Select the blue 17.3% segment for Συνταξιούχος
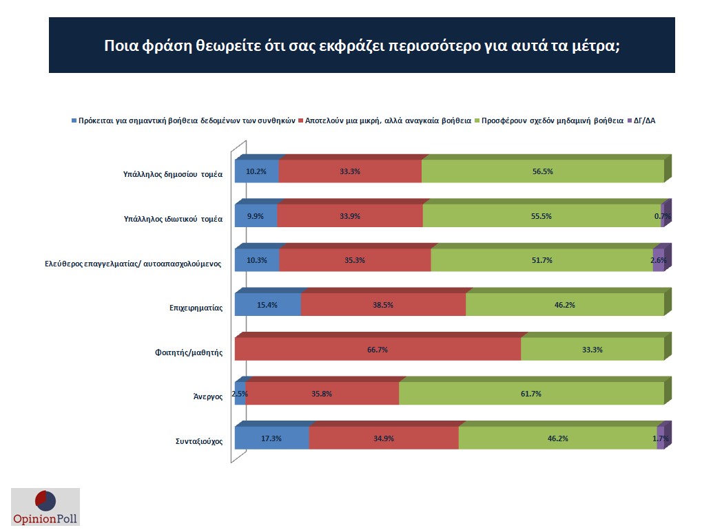[x=271, y=438]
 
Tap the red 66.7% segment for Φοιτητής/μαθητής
[x=378, y=350]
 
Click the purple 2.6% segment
[x=659, y=260]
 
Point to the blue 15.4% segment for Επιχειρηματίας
[x=267, y=305]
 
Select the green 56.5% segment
[x=542, y=171]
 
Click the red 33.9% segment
[x=350, y=216]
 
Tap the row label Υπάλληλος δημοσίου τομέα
[x=168, y=174]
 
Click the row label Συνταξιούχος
[x=198, y=441]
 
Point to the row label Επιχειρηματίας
[x=196, y=308]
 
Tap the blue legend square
[x=74, y=121]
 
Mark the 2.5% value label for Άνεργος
[x=240, y=394]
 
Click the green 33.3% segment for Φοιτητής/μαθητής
[x=592, y=350]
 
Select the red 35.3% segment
[x=355, y=260]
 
